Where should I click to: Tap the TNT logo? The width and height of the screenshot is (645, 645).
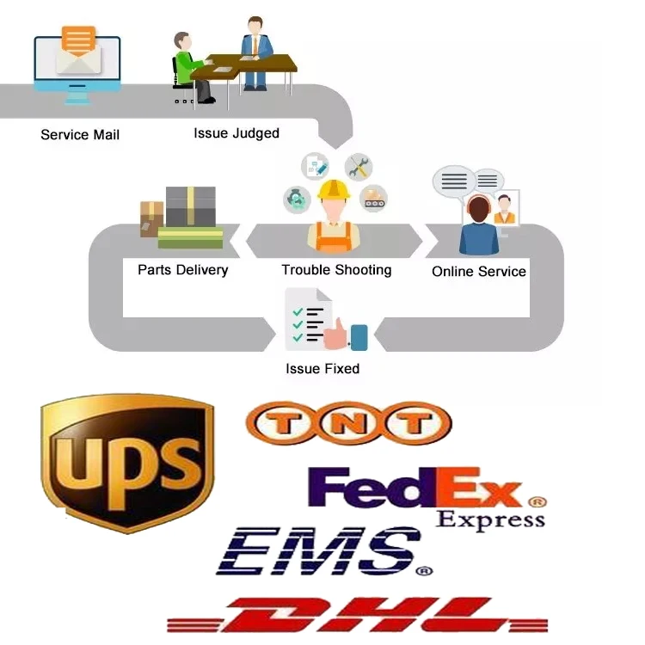tap(348, 423)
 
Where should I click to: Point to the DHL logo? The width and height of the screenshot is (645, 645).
tap(357, 616)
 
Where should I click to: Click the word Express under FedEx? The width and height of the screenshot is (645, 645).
tap(490, 519)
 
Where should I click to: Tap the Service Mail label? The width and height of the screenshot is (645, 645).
tap(80, 134)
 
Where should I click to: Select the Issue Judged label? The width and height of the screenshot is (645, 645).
tap(236, 132)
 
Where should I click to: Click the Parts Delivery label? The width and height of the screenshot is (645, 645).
tap(182, 270)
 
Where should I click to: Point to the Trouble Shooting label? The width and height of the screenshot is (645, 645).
tap(336, 270)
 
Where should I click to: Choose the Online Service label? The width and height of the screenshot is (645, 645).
tap(478, 272)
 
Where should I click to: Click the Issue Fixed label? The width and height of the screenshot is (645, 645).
tap(322, 369)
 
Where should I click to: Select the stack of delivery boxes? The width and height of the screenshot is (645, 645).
tap(182, 217)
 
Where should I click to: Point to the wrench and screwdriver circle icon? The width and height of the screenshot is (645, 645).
tap(358, 167)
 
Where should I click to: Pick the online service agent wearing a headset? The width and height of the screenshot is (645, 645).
tap(478, 225)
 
